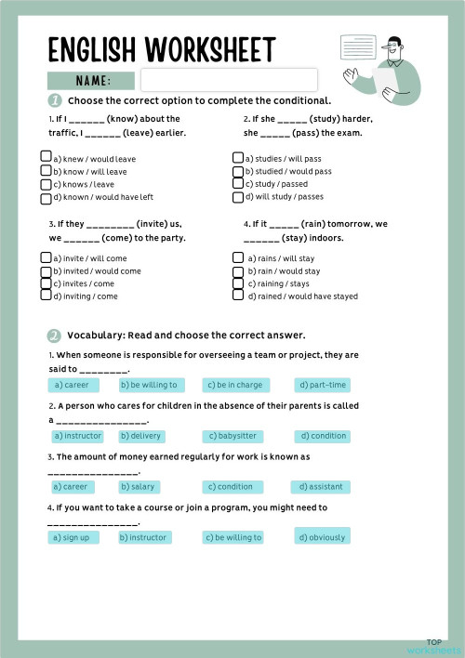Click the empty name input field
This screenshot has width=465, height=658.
pos(228,80)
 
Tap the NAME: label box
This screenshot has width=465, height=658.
pos(91,81)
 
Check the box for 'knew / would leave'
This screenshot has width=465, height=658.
pos(46,158)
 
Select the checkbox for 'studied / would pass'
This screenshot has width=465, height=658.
pos(238,171)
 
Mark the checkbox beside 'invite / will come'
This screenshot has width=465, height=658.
pos(46,257)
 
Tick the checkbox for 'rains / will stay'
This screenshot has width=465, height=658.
pos(237,257)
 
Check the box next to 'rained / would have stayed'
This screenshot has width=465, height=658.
pos(237,296)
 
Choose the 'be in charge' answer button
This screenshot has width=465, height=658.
pos(234,385)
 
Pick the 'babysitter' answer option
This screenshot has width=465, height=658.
pos(234,436)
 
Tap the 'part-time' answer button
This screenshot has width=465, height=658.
pos(323,385)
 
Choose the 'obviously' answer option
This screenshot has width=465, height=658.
pos(323,537)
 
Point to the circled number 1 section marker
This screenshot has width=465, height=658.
pos(55,100)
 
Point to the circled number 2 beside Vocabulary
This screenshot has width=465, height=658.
pos(55,336)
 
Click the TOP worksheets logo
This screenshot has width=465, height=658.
pos(433,646)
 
